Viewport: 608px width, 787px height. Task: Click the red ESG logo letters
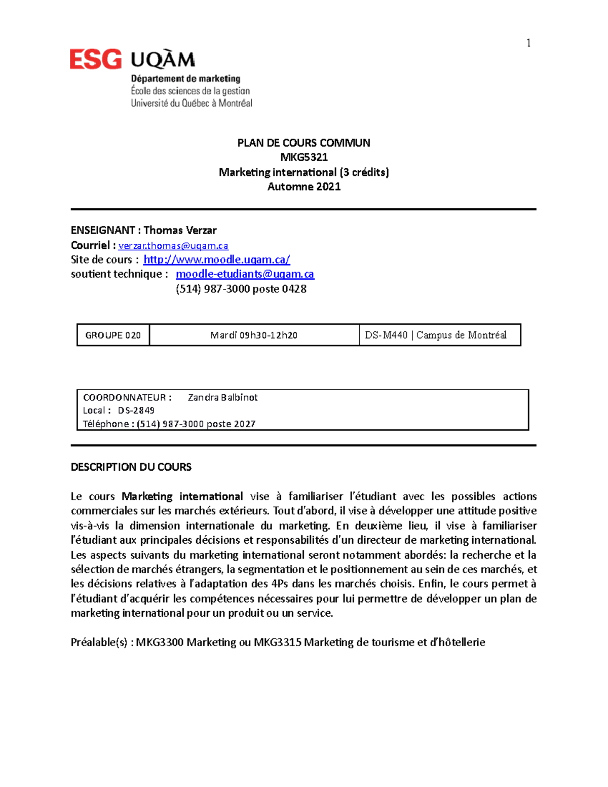96,59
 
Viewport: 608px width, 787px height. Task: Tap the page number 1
528,43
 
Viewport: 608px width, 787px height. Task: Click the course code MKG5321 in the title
304,157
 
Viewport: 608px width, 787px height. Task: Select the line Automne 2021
304,186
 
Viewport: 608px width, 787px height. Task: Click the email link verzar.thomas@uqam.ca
173,246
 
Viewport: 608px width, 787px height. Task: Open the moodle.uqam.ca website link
217,260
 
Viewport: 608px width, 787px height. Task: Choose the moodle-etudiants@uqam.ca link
245,274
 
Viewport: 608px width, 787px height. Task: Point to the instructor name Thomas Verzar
180,231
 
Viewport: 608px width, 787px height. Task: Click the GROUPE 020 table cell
113,335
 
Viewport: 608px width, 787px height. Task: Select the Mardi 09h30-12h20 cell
254,335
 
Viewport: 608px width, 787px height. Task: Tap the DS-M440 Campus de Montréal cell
436,335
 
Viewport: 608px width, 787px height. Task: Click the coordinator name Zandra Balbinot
222,398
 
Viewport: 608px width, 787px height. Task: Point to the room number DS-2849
136,410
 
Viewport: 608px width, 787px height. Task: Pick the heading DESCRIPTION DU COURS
131,467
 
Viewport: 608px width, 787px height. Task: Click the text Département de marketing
185,79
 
